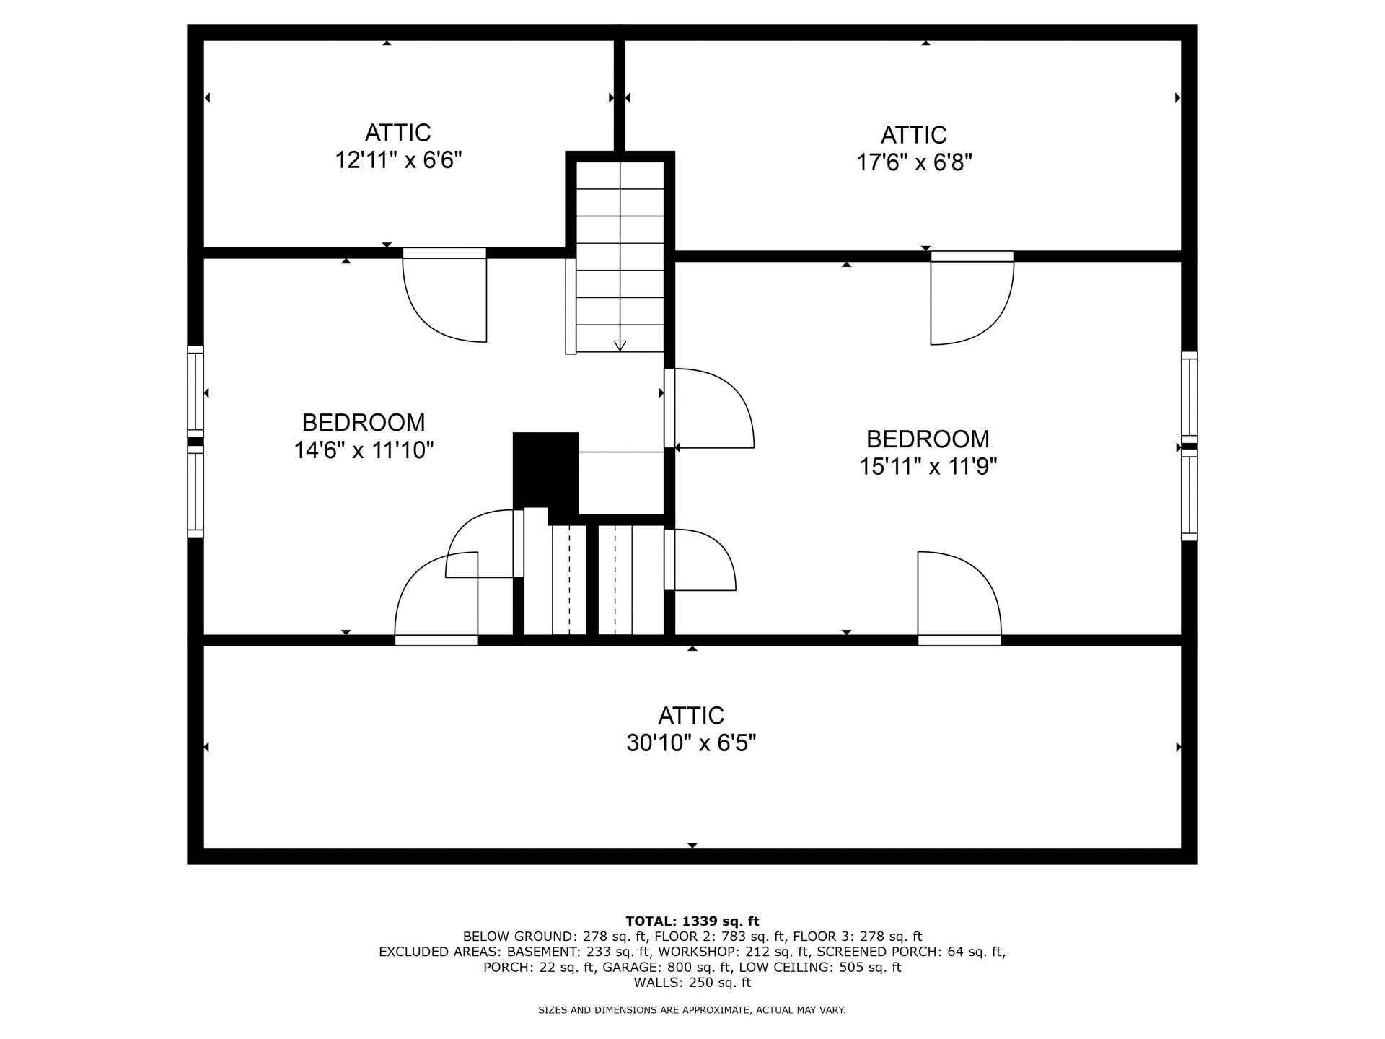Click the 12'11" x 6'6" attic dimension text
398,160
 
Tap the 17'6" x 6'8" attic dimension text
914,162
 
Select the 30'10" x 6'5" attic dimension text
691,742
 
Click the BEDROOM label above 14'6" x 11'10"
363,422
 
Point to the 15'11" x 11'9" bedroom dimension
928,467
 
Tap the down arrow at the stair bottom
620,345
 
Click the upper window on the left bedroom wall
195,390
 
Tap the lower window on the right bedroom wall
1189,496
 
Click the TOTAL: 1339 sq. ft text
692,921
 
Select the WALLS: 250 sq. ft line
692,983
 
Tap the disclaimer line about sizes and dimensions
692,1010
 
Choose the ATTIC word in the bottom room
691,715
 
